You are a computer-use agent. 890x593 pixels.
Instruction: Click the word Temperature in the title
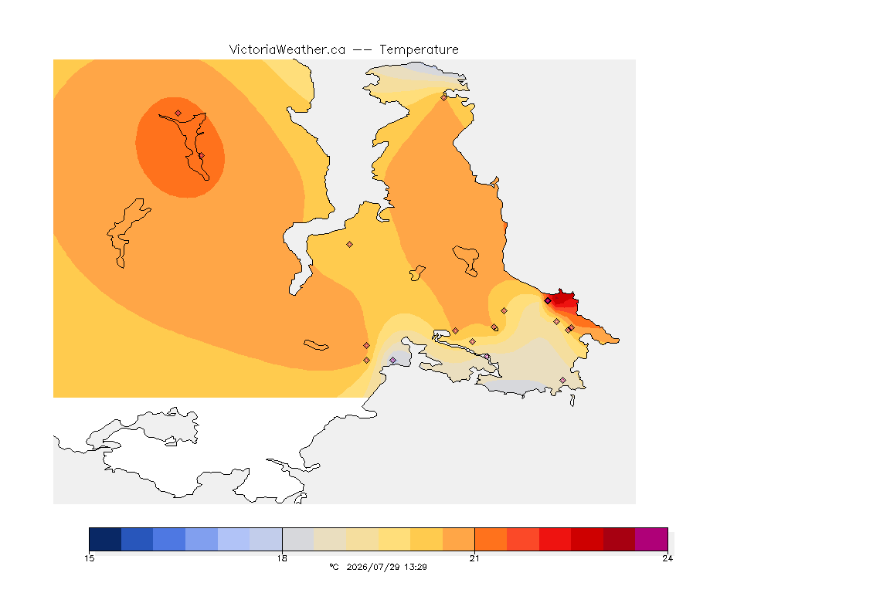point(419,50)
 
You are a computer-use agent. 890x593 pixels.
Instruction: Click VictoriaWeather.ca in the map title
point(287,50)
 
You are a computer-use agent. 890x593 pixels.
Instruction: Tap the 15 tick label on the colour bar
point(90,558)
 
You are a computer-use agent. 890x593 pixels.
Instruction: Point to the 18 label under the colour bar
point(282,558)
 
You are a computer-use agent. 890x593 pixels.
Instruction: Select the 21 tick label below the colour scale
point(474,558)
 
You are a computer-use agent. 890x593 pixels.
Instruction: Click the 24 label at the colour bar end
point(667,558)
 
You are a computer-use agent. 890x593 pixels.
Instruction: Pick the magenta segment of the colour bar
point(651,539)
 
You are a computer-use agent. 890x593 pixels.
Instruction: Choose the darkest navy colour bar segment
point(105,539)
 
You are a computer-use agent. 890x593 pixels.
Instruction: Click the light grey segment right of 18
point(298,539)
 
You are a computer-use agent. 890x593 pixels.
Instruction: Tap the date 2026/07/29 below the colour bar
point(372,567)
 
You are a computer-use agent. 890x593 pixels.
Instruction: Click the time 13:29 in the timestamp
point(416,567)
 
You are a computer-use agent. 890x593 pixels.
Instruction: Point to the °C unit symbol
point(334,567)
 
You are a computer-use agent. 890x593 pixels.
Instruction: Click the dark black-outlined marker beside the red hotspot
point(548,301)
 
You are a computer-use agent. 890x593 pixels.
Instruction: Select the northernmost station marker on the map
point(444,97)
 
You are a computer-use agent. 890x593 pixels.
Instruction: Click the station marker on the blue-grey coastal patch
point(392,361)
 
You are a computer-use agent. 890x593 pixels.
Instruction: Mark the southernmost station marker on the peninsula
point(562,380)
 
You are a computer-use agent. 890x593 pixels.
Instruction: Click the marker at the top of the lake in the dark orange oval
point(178,114)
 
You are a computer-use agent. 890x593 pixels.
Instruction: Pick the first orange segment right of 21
point(491,539)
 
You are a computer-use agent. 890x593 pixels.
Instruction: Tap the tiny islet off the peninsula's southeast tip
point(572,401)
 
